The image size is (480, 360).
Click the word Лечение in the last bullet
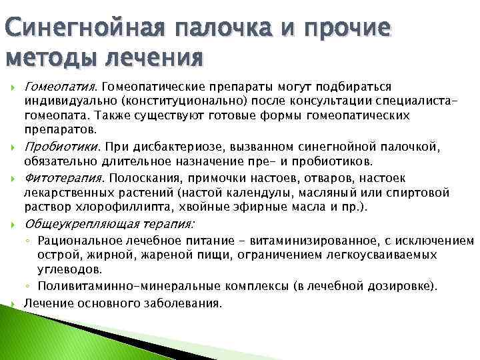pos(45,303)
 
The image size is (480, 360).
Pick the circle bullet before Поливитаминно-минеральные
pos(28,287)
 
